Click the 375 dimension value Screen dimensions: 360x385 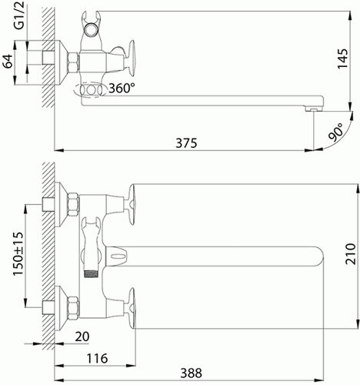point(186,143)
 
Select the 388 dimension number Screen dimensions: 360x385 point(191,373)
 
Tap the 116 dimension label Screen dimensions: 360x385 point(97,358)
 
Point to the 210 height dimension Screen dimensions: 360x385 point(351,253)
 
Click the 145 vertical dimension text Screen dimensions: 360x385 point(343,59)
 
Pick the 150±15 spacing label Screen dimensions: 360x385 point(18,253)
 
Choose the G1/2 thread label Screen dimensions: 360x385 point(19,15)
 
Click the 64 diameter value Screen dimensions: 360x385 point(8,61)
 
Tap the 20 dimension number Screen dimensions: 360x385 point(82,336)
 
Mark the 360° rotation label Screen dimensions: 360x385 point(122,89)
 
